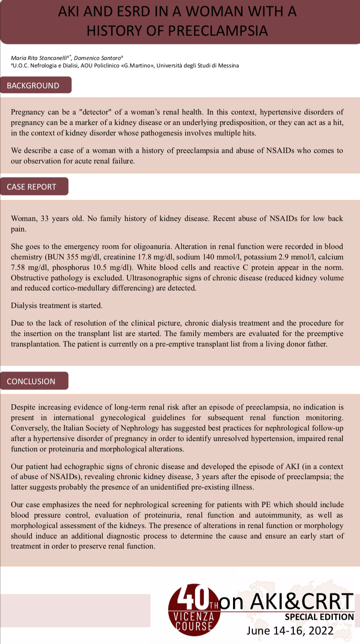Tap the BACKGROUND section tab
[33, 86]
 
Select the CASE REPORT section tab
[31, 187]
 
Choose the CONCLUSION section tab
[31, 381]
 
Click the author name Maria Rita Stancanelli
[39, 58]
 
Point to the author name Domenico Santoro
[97, 58]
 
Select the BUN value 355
[73, 257]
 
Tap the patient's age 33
[44, 219]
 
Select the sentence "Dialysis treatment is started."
[57, 306]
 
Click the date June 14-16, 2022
[290, 631]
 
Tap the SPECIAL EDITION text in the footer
[319, 617]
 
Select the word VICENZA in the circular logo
[194, 616]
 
